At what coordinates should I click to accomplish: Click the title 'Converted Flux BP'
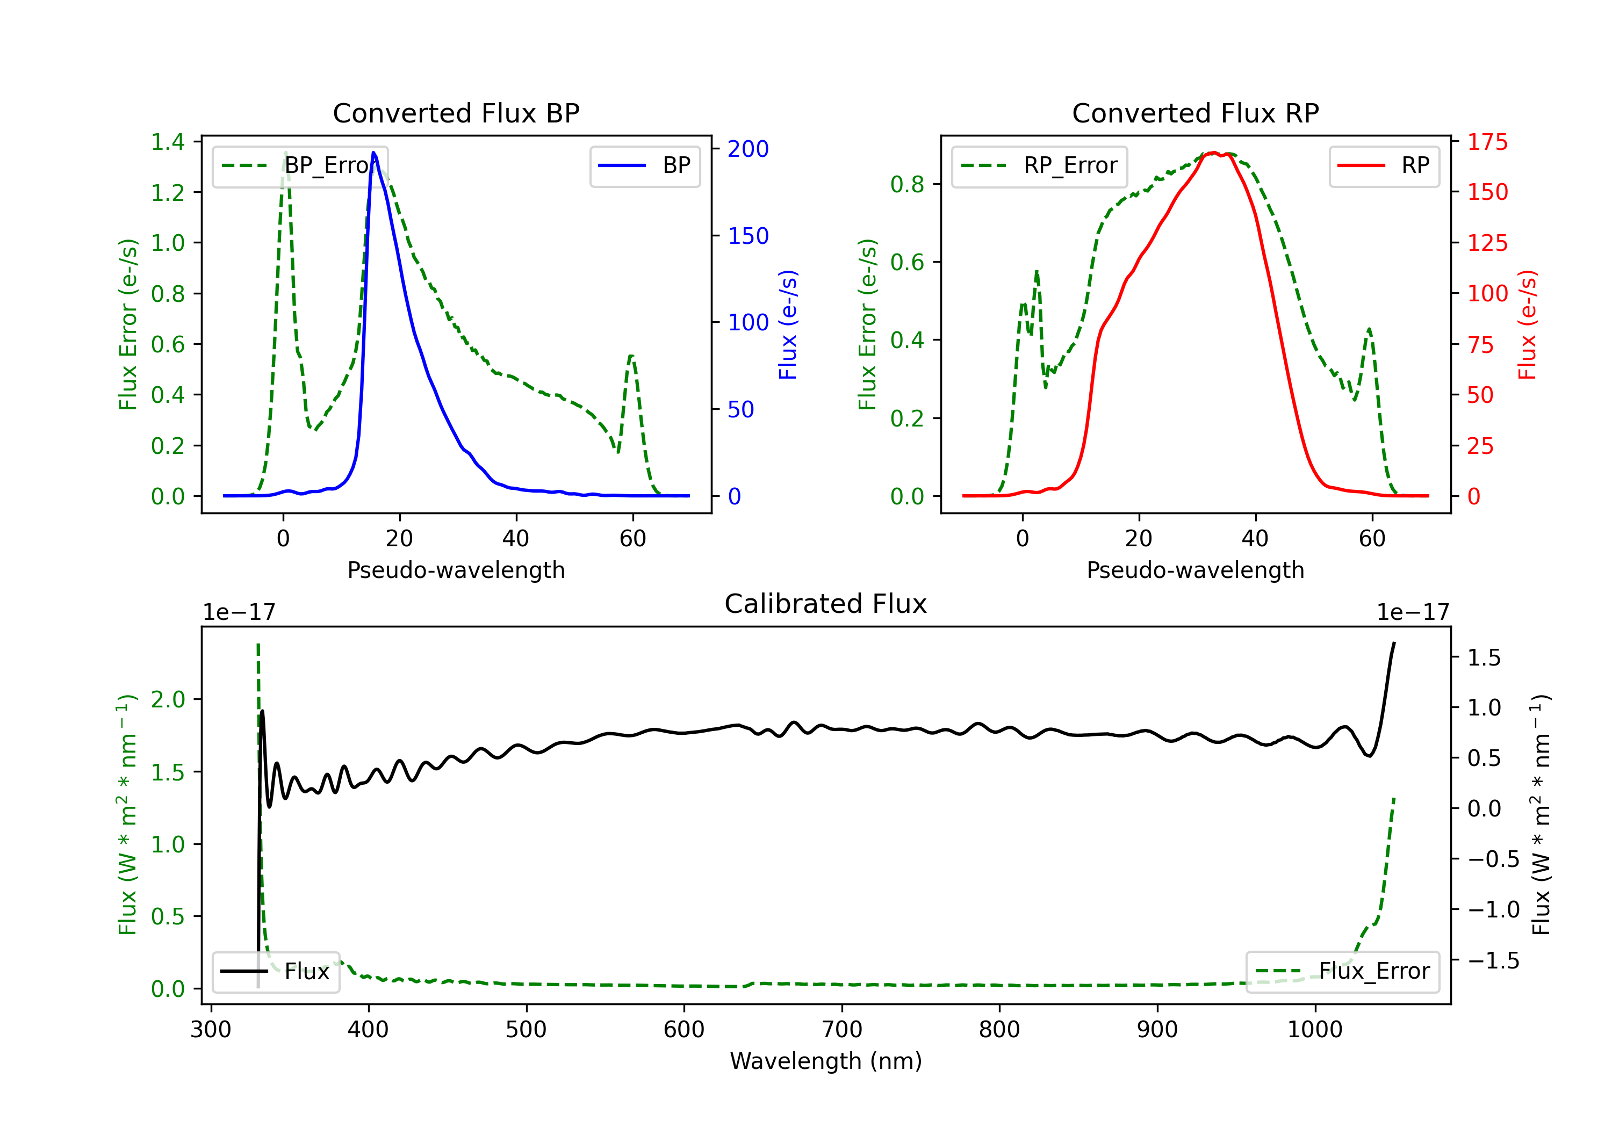456,113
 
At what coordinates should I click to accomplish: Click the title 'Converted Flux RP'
1195,113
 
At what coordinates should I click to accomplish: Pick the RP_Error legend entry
1039,165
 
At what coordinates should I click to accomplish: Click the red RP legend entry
1384,165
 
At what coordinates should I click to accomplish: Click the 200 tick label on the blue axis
748,149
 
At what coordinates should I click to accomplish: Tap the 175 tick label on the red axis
1487,142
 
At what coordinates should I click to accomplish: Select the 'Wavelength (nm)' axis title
826,1061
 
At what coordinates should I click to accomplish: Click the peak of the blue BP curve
373,153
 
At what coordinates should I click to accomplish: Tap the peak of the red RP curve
1214,153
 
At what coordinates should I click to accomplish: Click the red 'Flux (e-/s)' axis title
1528,324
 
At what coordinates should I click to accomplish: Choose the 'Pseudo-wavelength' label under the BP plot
456,570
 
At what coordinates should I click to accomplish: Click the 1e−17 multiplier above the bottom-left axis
239,612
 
